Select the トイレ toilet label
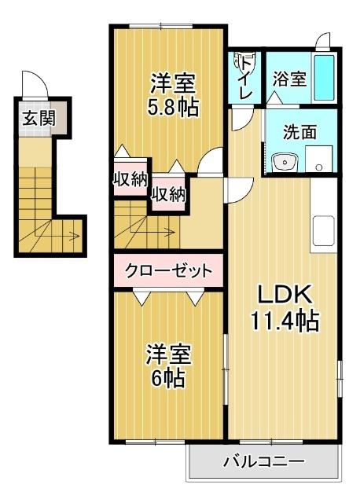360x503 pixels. (245, 77)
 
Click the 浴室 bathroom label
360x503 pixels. (288, 79)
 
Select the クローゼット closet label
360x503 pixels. (168, 272)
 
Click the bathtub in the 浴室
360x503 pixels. (324, 77)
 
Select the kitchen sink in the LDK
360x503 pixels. (324, 230)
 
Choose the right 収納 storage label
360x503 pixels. (168, 193)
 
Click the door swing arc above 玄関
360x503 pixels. (33, 82)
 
